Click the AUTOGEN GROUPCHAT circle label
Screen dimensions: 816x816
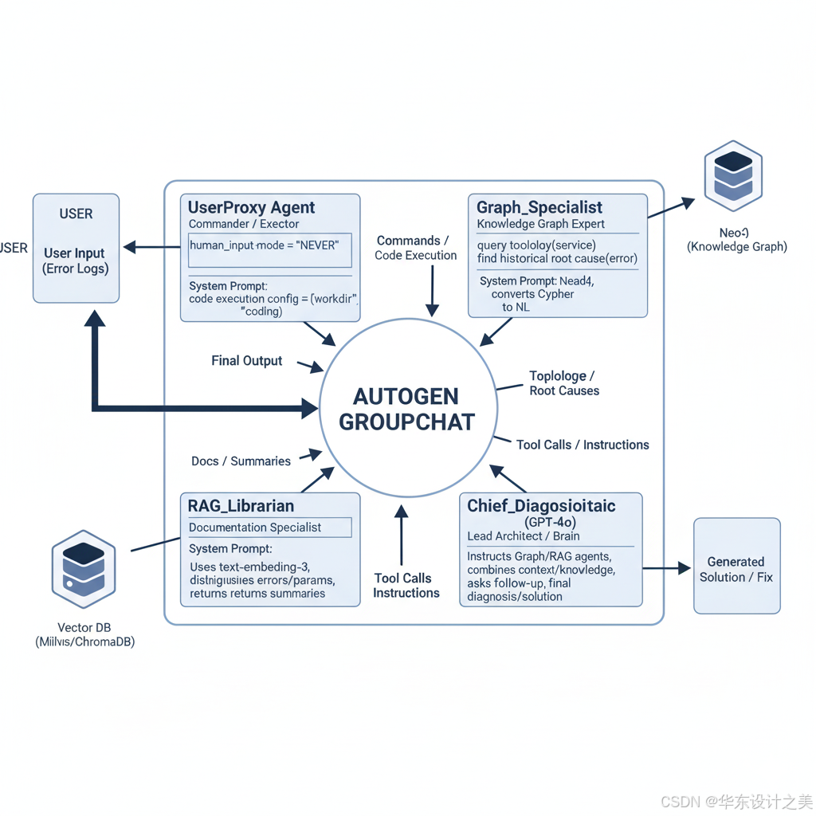click(x=407, y=409)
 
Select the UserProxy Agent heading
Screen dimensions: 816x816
click(x=251, y=208)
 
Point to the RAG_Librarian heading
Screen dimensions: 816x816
click(x=241, y=506)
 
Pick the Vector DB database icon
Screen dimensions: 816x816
click(x=84, y=569)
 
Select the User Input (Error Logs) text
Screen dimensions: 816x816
click(x=76, y=261)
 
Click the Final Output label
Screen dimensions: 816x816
click(x=246, y=361)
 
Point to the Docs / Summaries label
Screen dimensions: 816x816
click(x=241, y=461)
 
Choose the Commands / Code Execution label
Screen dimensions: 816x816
click(x=415, y=248)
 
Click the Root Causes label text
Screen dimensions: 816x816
click(x=564, y=391)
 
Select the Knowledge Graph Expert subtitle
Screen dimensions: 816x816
click(x=540, y=224)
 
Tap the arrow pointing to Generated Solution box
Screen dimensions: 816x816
click(x=666, y=568)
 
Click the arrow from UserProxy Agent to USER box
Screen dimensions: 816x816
click(x=151, y=248)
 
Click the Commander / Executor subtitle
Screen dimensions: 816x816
click(x=244, y=224)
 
